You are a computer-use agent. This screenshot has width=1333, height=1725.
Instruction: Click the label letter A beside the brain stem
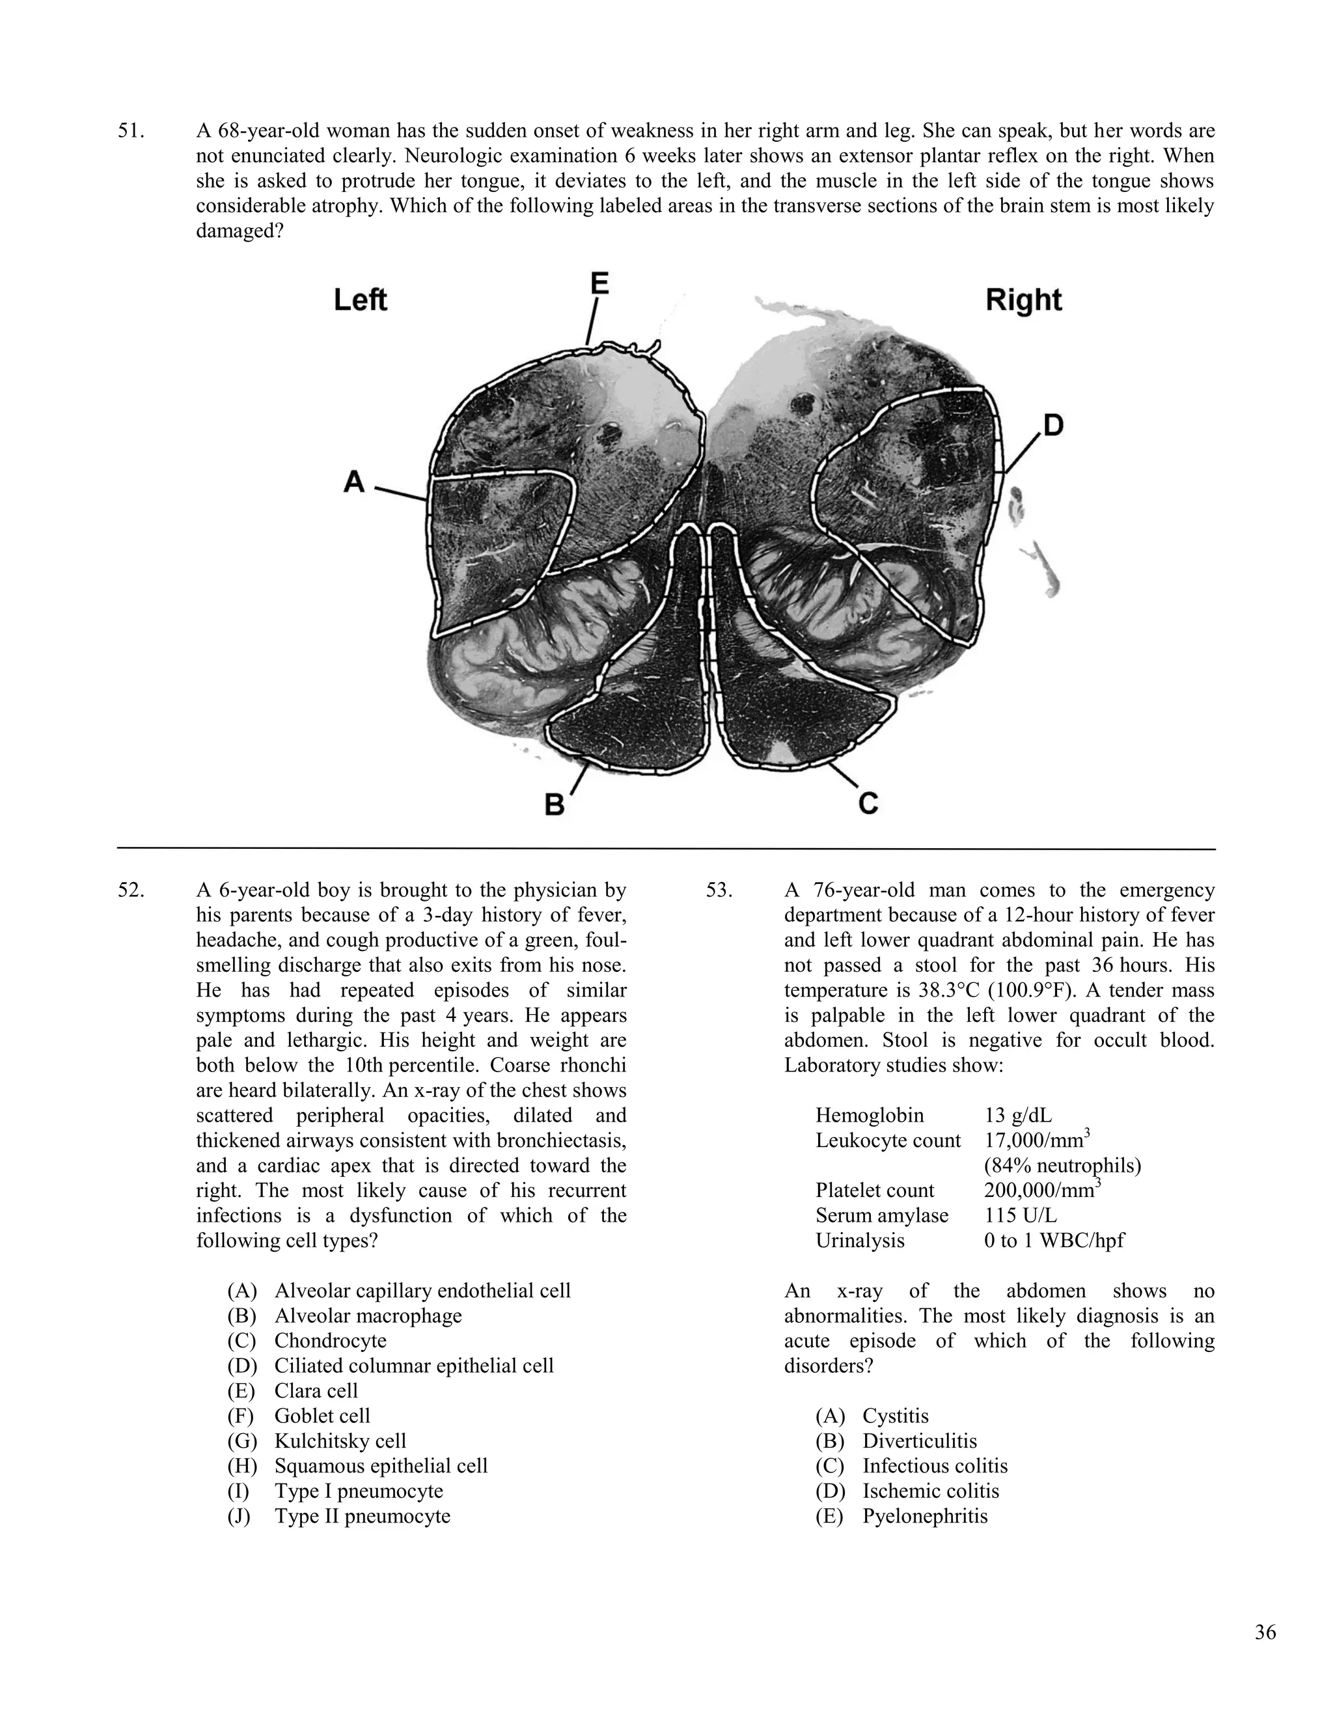point(355,480)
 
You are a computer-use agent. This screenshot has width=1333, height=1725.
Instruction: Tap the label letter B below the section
point(555,805)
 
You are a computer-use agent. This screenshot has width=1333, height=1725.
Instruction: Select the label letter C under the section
point(868,803)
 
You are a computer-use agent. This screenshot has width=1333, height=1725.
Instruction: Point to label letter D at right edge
point(1054,426)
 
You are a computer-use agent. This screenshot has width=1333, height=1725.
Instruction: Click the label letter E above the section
point(599,283)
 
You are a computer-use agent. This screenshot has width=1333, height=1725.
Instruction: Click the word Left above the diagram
point(360,300)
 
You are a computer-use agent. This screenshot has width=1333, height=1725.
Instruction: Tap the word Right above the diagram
point(1023,300)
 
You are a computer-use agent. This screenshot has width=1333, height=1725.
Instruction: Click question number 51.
point(131,131)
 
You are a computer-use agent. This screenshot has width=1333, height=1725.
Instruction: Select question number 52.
point(131,890)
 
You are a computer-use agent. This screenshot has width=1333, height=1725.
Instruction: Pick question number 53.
point(719,890)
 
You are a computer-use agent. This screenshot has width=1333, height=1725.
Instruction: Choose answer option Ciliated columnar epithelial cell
point(414,1366)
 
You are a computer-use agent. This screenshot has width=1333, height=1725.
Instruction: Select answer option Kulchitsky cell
point(340,1441)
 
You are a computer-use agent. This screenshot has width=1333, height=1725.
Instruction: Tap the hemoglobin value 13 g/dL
point(1018,1115)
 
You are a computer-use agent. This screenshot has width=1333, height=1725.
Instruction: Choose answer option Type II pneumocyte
point(362,1515)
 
